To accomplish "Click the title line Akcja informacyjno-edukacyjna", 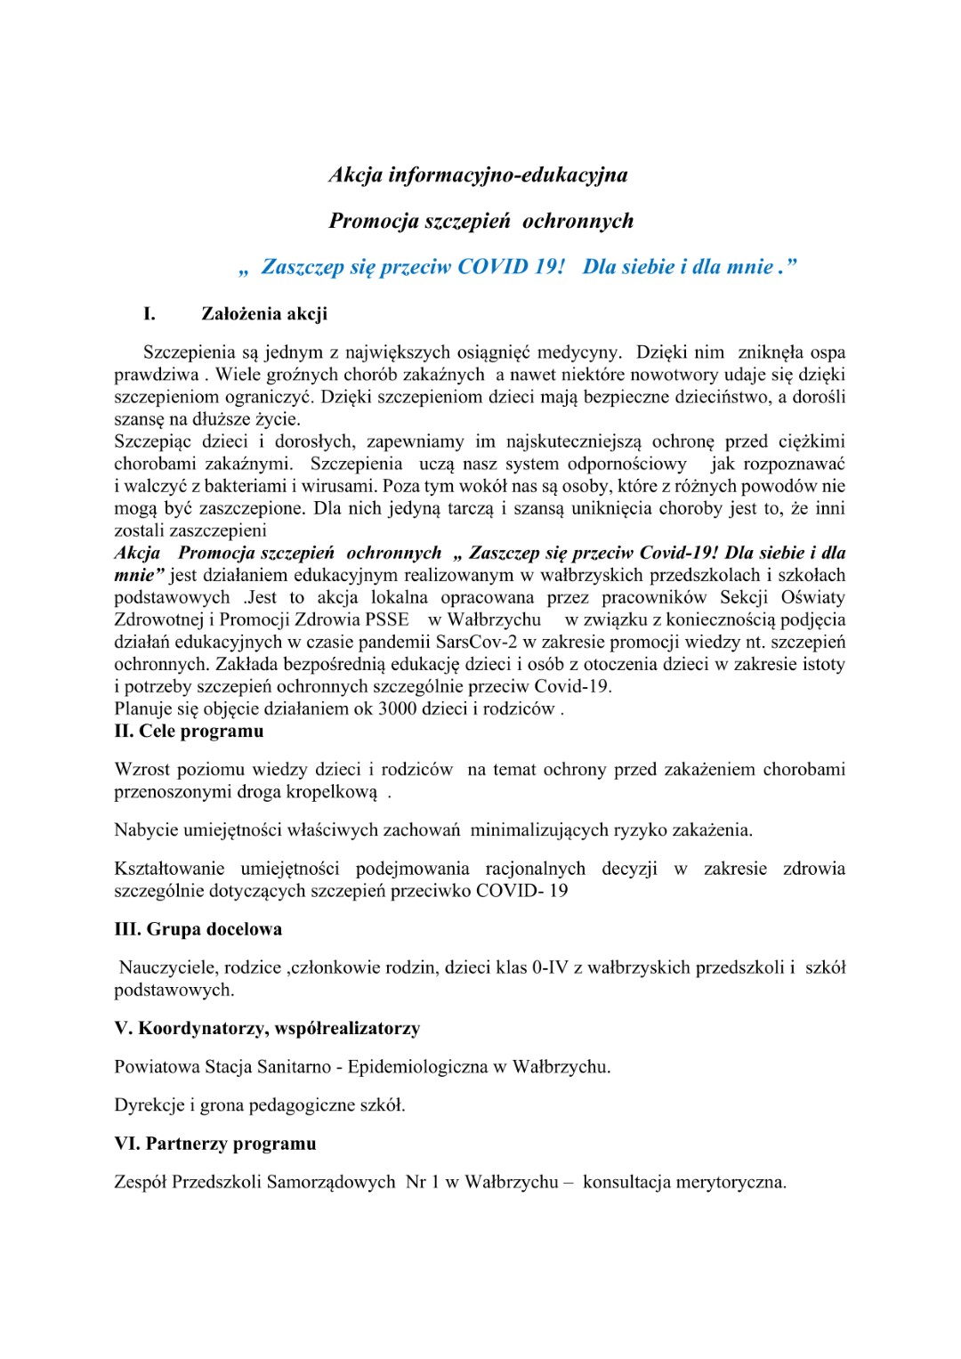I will point(478,174).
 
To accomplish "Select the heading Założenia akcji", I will point(264,313).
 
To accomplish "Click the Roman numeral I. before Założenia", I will point(149,313).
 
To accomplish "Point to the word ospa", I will point(828,352).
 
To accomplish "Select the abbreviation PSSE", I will point(387,619).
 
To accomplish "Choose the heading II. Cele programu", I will point(189,732).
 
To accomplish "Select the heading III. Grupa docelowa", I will point(198,929).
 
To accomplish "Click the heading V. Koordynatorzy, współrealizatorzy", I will point(267,1029).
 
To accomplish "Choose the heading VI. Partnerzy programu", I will point(214,1144).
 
